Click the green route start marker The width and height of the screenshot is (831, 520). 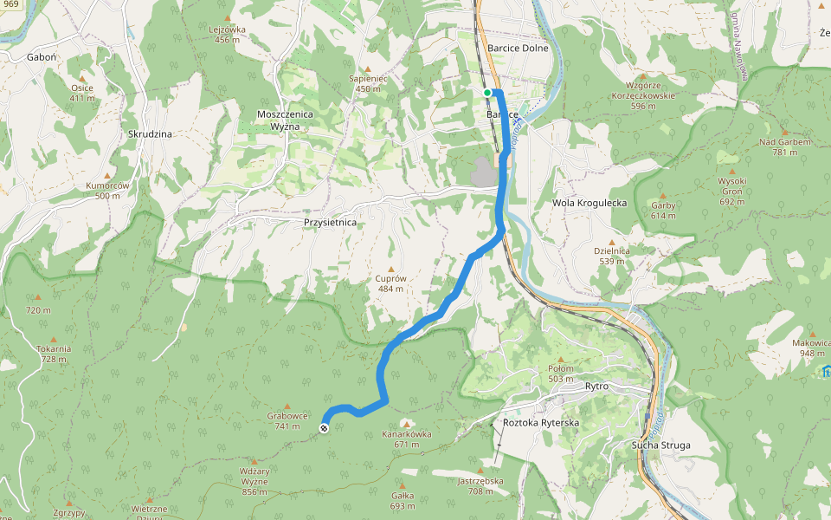click(x=487, y=93)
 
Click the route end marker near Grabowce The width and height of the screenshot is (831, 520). click(x=324, y=427)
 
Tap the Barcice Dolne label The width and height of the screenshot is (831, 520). click(x=518, y=49)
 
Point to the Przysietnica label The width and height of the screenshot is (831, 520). click(x=330, y=223)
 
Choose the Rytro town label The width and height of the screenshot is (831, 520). click(x=596, y=386)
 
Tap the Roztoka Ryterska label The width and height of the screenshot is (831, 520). click(x=540, y=423)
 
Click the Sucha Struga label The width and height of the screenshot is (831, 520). click(x=661, y=445)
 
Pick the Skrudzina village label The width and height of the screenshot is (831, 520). click(x=150, y=134)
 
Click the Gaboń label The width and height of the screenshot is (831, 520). click(x=42, y=56)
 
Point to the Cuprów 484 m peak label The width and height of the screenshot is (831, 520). click(x=390, y=283)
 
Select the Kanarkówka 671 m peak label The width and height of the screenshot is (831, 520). click(x=406, y=439)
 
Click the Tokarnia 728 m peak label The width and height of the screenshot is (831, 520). click(x=54, y=354)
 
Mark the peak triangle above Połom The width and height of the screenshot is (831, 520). click(x=560, y=359)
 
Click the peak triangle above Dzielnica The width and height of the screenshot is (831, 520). click(x=611, y=242)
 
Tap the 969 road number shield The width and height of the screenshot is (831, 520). click(x=10, y=4)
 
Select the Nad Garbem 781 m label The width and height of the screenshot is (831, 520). click(x=784, y=146)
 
